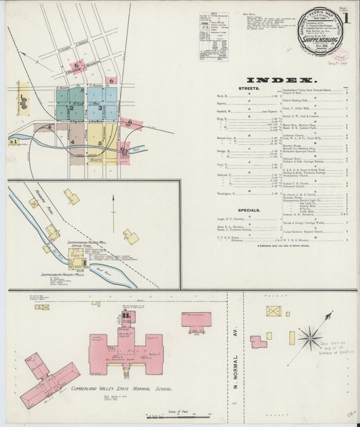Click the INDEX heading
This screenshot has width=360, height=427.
(x=276, y=78)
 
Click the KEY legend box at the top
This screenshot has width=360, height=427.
(x=213, y=37)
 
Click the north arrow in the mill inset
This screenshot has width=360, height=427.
(x=113, y=205)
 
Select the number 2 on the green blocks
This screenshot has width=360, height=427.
(x=71, y=107)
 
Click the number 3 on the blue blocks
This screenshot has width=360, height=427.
(x=99, y=107)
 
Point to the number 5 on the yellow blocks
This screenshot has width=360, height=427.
(x=100, y=143)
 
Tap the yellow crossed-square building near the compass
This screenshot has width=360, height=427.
(x=274, y=311)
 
